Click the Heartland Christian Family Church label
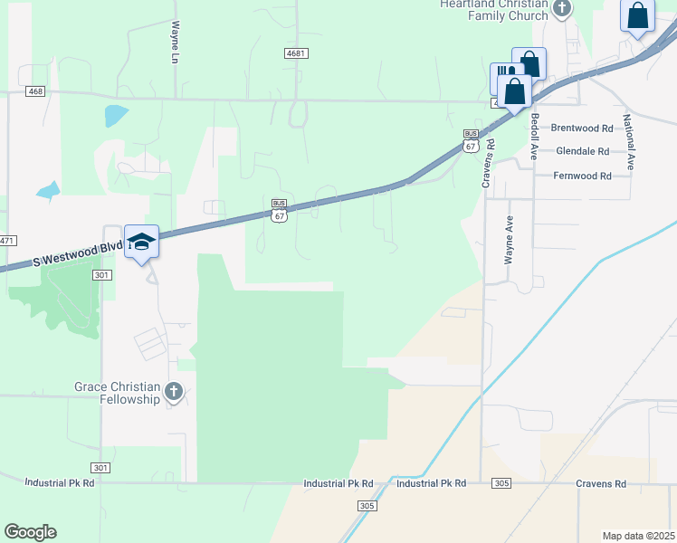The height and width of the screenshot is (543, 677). coord(494,9)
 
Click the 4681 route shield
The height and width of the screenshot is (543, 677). coord(296,53)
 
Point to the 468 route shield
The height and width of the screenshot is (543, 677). coord(35,91)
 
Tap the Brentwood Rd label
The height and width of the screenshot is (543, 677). coord(581,129)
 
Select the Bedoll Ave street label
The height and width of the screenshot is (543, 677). coord(535,137)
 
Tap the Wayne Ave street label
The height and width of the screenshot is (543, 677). coord(510,240)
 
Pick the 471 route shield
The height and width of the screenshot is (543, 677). coord(7,240)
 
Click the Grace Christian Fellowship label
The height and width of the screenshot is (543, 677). coord(118,393)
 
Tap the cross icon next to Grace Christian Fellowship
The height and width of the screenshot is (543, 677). coord(174,392)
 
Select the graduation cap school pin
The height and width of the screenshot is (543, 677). coord(141,242)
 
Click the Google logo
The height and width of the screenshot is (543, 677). coord(30,532)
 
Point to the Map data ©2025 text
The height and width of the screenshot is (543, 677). coord(639,536)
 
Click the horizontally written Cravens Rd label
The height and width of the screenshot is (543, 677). coord(601,484)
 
